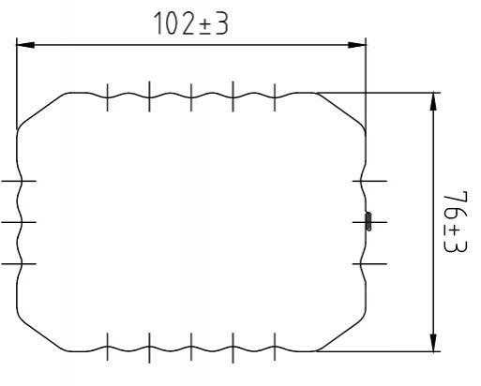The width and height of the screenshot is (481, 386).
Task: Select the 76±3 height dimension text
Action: (455, 221)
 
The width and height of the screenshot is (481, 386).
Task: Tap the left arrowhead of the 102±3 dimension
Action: (23, 44)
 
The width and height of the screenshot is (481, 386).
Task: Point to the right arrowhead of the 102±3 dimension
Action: (360, 44)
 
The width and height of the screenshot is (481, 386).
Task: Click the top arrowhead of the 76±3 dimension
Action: (433, 97)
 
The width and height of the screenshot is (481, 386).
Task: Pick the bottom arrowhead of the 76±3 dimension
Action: (433, 345)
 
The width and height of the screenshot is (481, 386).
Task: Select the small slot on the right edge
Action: (368, 222)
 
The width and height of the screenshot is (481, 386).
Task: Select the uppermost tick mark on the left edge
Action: (18, 180)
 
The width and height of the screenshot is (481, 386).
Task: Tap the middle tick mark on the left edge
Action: (18, 222)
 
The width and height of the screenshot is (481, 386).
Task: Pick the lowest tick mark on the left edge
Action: (18, 264)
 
